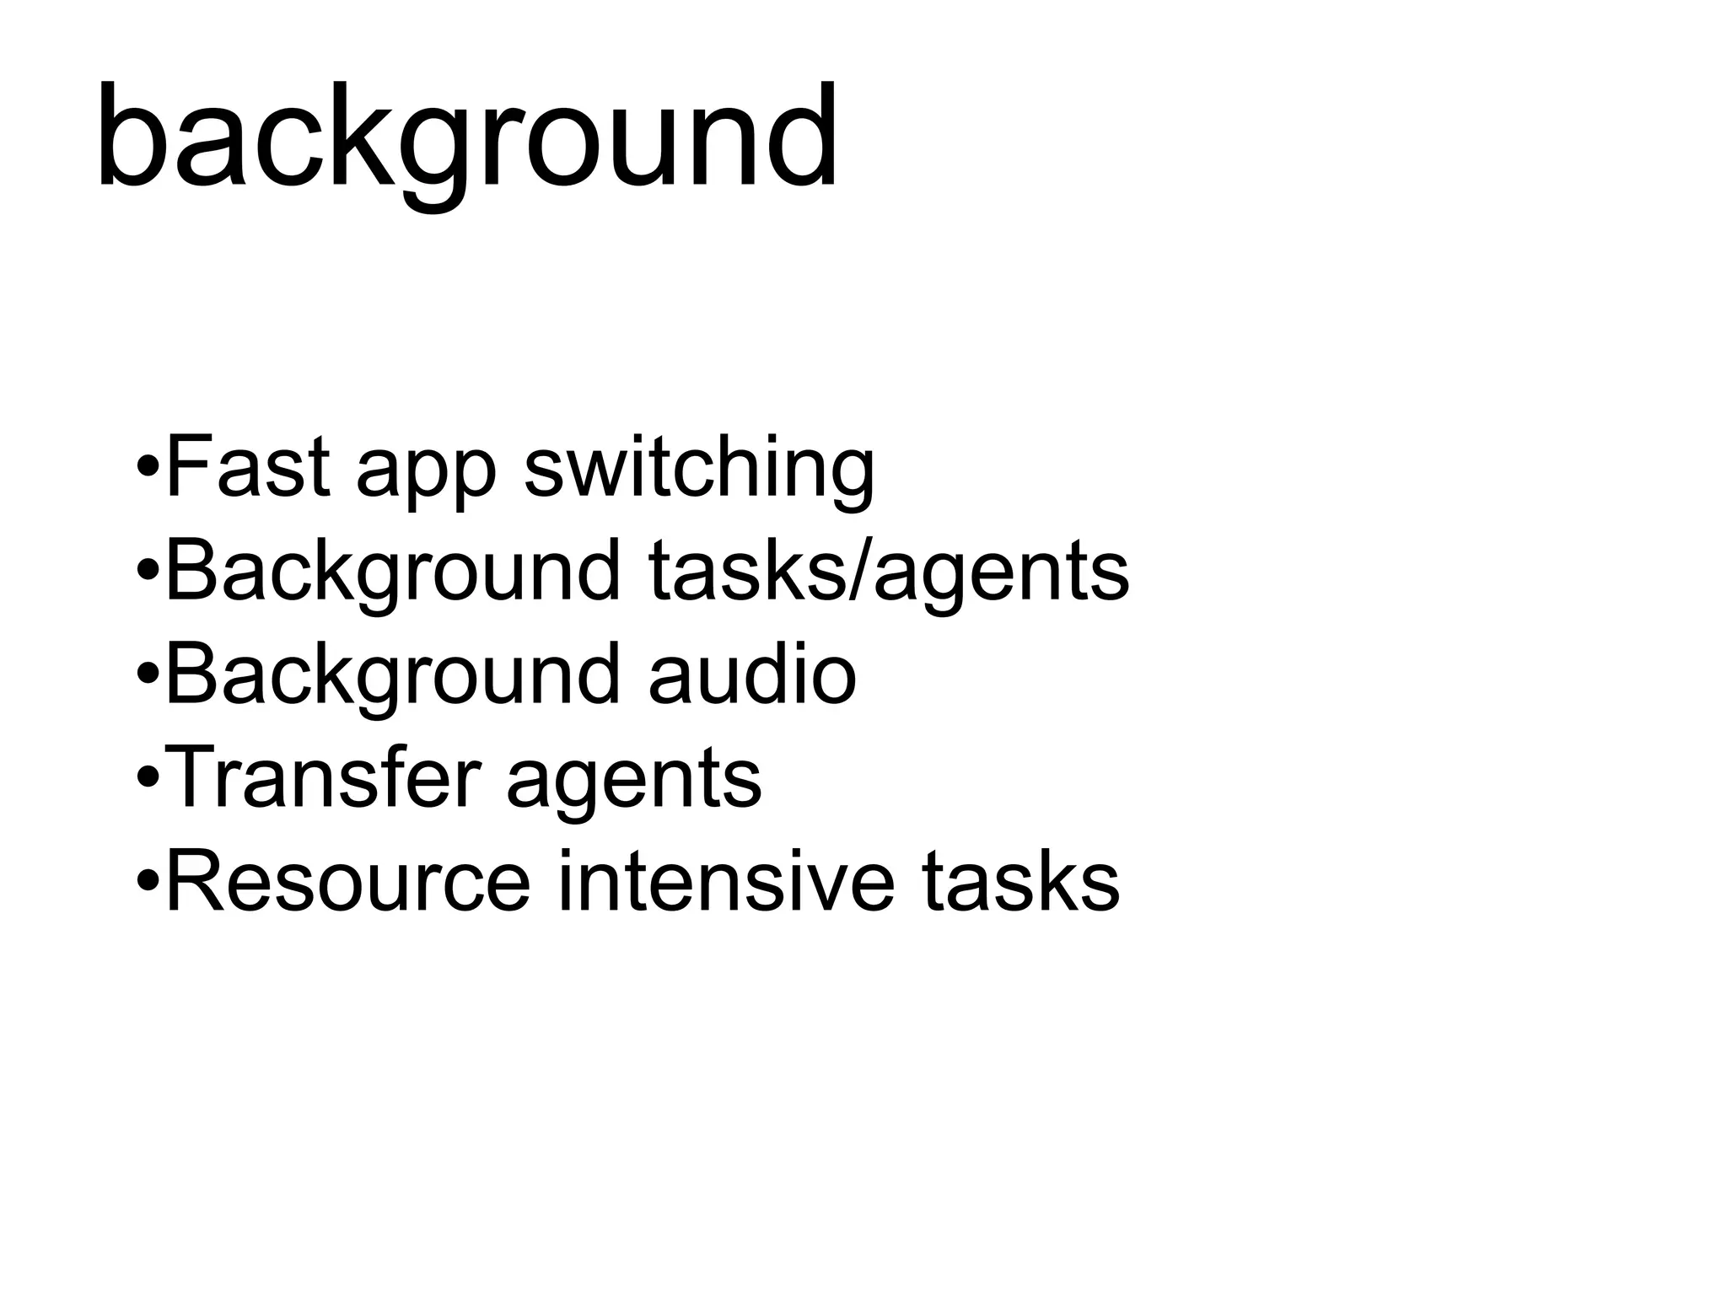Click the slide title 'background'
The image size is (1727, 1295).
(x=466, y=139)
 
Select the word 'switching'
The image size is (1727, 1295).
(x=699, y=469)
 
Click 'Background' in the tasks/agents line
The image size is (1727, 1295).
(x=393, y=573)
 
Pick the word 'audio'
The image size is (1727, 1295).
(x=753, y=674)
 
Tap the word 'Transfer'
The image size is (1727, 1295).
(x=325, y=777)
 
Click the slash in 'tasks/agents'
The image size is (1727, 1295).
(x=858, y=572)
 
